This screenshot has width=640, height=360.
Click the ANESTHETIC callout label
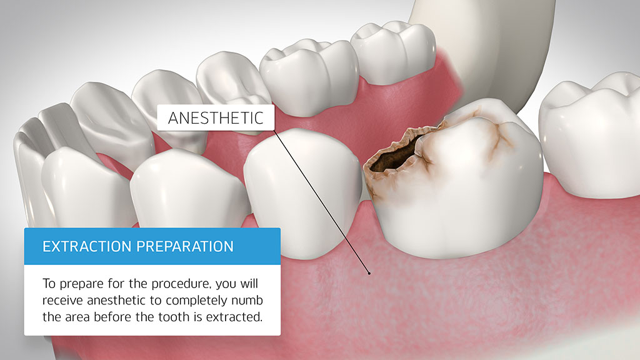216,117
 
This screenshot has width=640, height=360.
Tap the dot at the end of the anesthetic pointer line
369,272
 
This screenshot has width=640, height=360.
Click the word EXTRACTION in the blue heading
87,246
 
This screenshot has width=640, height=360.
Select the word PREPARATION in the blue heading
185,246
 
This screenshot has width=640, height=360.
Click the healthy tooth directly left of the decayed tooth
303,192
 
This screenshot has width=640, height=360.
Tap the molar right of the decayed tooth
590,135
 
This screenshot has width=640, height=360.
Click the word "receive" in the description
62,301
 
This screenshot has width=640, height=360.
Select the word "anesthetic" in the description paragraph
116,301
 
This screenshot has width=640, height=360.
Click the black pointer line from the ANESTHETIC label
322,202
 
